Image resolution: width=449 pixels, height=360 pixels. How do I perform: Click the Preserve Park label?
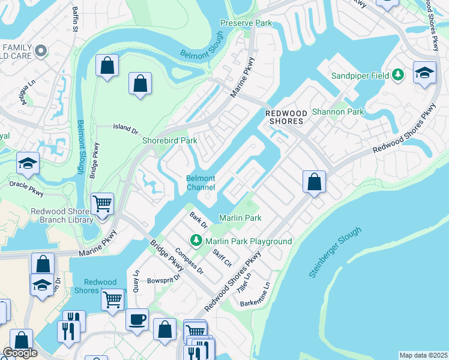(x=246, y=23)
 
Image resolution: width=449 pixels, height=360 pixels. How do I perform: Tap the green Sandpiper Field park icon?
(x=398, y=75)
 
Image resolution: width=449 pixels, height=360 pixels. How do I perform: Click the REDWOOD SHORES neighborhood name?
(x=286, y=118)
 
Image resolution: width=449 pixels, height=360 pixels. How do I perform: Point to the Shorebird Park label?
(x=170, y=140)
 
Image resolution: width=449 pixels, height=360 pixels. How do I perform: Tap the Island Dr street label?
(x=126, y=127)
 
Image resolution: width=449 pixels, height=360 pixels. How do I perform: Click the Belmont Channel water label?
(x=200, y=183)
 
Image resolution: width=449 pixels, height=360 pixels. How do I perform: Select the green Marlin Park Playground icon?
(x=196, y=241)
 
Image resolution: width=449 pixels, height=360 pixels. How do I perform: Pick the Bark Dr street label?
(x=198, y=220)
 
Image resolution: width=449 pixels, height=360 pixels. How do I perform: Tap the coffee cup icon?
(x=137, y=319)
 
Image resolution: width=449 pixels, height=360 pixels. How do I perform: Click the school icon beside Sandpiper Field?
(x=424, y=73)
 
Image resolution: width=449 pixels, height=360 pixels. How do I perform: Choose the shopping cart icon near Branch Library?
(x=102, y=204)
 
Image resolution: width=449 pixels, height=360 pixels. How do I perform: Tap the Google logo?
(x=20, y=353)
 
